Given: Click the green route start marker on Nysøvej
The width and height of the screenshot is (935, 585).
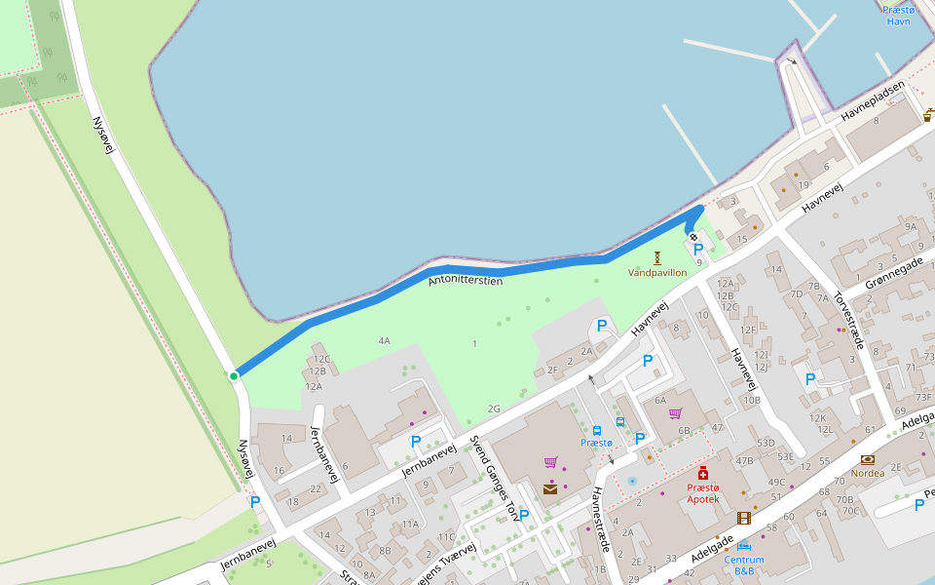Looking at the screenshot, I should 234,375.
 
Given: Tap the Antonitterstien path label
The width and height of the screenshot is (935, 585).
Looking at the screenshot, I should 466,281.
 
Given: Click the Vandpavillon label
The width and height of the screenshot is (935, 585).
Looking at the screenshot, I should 657,273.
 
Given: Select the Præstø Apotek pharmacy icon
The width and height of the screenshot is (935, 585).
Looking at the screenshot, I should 703,473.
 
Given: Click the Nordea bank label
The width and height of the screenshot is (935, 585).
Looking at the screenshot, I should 868,473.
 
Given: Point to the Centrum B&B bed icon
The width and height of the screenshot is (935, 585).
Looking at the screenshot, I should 744,546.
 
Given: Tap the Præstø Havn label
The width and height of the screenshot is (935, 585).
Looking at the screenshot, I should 898,16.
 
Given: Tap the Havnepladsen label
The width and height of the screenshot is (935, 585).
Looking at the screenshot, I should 873,100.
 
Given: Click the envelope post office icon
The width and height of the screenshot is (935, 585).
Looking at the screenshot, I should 550,488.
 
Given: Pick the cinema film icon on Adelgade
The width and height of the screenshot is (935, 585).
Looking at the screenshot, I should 744,518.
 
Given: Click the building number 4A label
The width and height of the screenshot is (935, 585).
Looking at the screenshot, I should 385,341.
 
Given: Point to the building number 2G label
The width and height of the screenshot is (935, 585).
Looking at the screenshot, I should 494,409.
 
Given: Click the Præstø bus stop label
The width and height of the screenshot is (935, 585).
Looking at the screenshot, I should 596,443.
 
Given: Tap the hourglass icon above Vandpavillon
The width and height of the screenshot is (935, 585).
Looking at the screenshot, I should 657,257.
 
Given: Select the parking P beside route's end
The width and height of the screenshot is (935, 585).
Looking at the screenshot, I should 698,250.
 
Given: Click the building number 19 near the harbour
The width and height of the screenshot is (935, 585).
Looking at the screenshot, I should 804,185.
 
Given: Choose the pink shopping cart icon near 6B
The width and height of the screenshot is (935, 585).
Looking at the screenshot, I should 675,413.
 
